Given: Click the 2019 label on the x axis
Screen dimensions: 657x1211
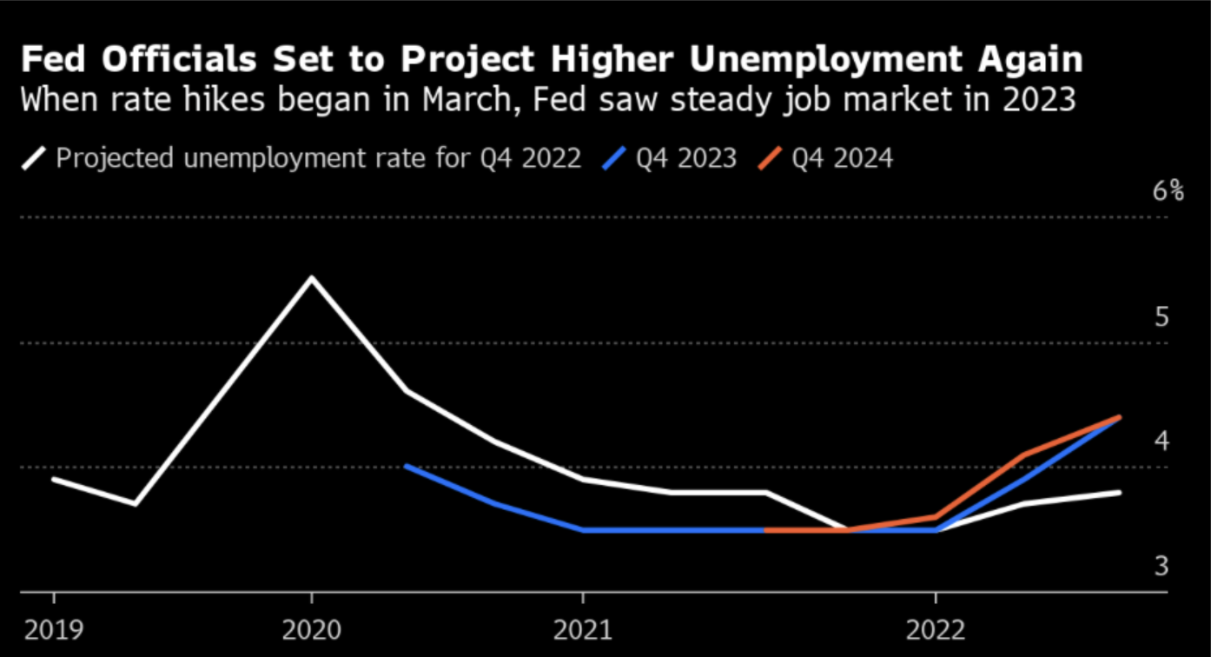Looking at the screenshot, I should pyautogui.click(x=54, y=629).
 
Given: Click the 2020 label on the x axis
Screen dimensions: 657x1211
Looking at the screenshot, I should pyautogui.click(x=312, y=629).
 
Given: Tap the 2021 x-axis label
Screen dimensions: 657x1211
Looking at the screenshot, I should pyautogui.click(x=582, y=629).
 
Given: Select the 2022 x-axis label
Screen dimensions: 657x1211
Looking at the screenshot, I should pyautogui.click(x=936, y=629).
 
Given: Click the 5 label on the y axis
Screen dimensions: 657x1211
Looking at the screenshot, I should pyautogui.click(x=1161, y=317).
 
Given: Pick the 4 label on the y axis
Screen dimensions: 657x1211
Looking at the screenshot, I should pyautogui.click(x=1161, y=441).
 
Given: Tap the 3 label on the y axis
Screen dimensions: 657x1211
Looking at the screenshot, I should pyautogui.click(x=1161, y=567).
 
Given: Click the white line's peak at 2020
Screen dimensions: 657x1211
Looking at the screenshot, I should pyautogui.click(x=312, y=278).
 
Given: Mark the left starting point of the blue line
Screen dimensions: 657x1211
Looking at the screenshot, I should pyautogui.click(x=406, y=466).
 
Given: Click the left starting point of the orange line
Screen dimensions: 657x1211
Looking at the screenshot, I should pyautogui.click(x=766, y=529).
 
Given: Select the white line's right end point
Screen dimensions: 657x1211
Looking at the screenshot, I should pyautogui.click(x=1120, y=492).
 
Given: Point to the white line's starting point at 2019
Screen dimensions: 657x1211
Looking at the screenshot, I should pyautogui.click(x=54, y=479).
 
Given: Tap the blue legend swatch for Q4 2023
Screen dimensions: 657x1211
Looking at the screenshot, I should pyautogui.click(x=614, y=159).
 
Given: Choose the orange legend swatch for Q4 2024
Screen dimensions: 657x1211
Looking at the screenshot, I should pyautogui.click(x=770, y=159).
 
